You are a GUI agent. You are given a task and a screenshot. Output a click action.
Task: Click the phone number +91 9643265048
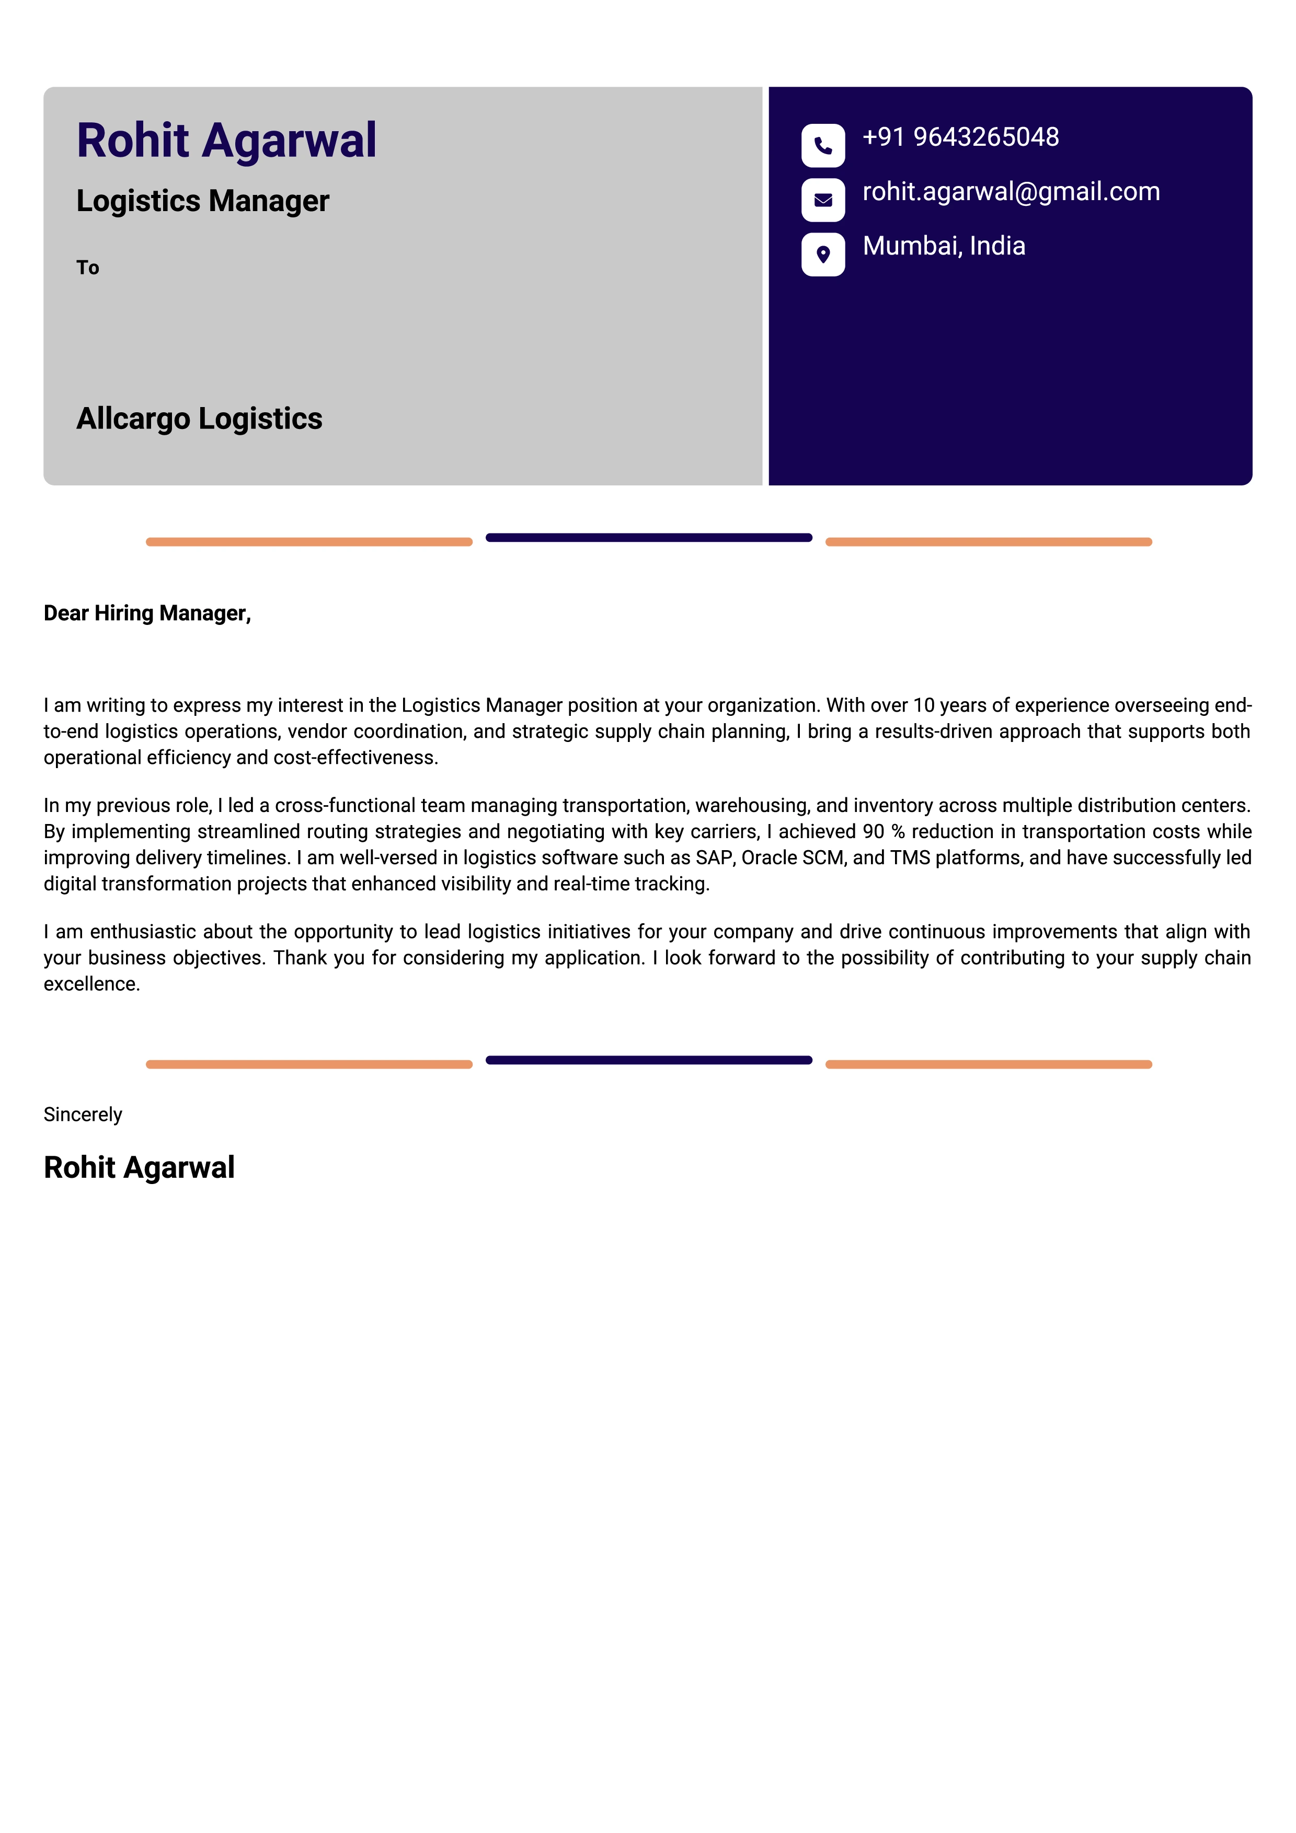[960, 137]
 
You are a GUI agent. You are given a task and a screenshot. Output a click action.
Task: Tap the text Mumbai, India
[943, 246]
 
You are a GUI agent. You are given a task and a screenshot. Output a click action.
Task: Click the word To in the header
[88, 268]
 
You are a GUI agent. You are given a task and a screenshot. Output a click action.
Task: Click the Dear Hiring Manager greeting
[147, 613]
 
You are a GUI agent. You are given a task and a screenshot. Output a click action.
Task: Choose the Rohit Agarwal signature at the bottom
[139, 1167]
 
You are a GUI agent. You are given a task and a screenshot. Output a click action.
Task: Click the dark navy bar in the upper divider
[648, 537]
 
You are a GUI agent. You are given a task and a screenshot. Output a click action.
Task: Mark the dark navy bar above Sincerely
[648, 1060]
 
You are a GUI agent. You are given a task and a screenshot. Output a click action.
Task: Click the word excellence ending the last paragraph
[91, 984]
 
